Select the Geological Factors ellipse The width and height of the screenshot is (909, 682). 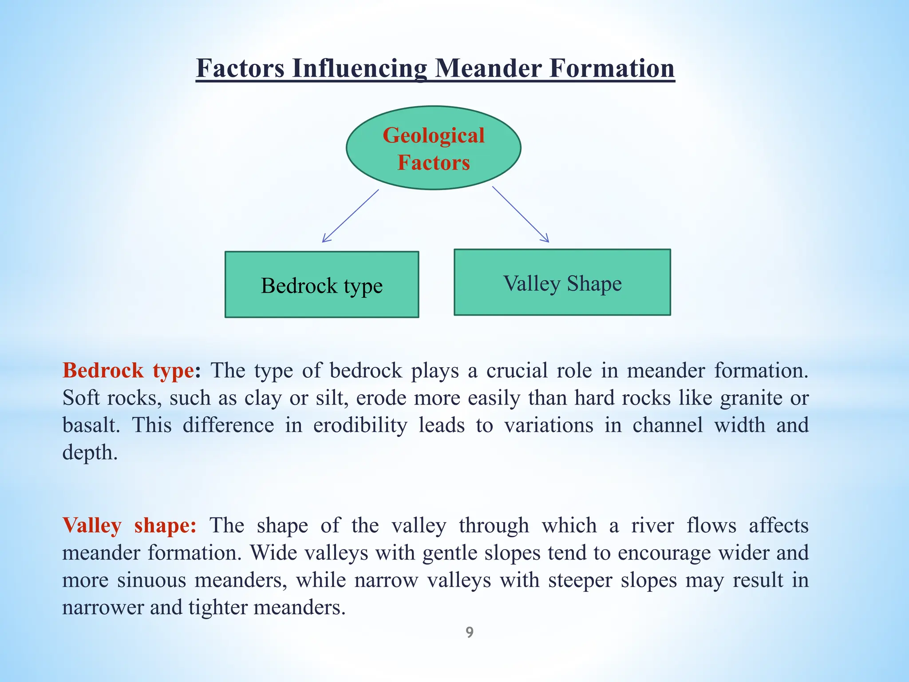433,148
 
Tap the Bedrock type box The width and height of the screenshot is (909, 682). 322,285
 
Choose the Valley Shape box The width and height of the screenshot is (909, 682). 562,283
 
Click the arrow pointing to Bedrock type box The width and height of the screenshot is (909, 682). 351,216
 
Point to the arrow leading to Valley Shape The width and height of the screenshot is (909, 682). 520,214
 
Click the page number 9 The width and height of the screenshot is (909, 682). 470,632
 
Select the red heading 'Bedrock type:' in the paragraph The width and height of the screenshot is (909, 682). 131,370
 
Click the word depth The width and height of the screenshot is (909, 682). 90,452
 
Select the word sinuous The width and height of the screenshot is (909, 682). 151,580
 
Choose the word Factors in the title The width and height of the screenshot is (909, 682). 240,69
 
